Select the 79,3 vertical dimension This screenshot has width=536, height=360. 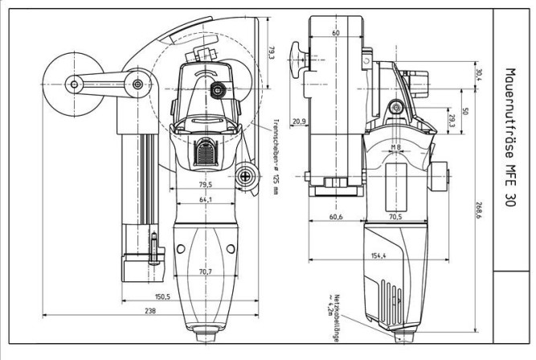click(x=271, y=53)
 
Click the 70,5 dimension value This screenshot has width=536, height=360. click(x=395, y=217)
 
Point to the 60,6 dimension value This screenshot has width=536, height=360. click(x=335, y=217)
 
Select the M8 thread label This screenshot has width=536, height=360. click(x=395, y=147)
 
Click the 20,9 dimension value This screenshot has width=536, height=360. click(x=299, y=121)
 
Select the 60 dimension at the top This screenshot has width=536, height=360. click(x=335, y=33)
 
